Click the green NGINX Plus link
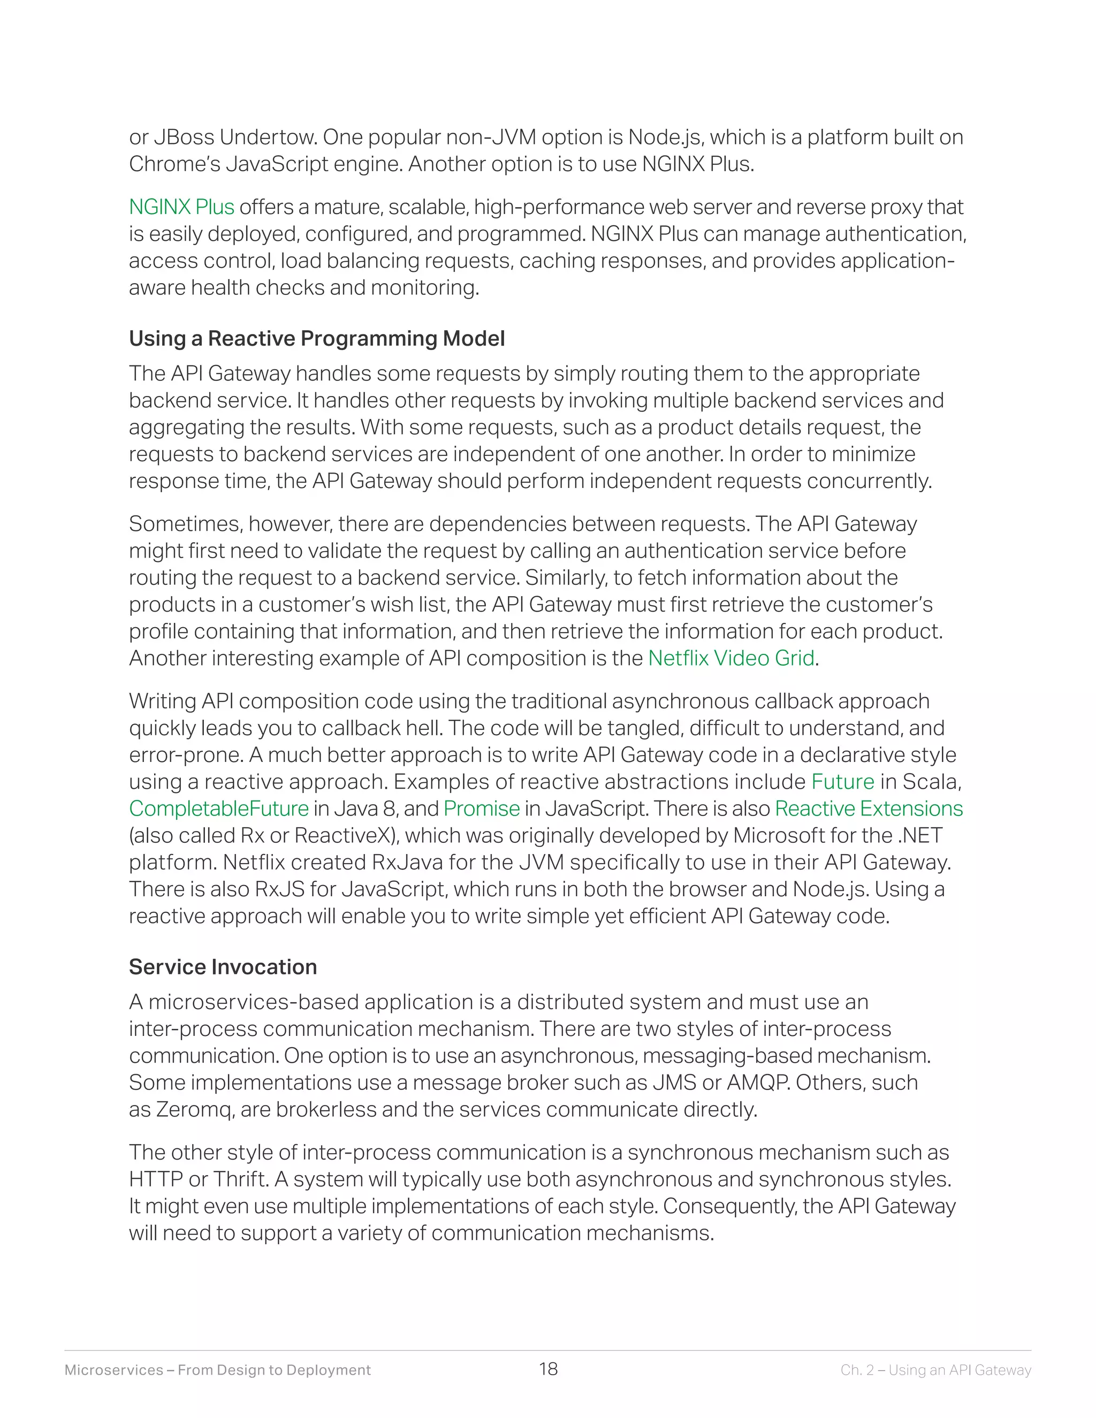(181, 207)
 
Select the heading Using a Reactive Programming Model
(316, 339)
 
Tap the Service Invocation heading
(223, 967)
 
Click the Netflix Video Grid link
(731, 658)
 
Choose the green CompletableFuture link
(219, 809)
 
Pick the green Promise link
(482, 809)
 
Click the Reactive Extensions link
(869, 809)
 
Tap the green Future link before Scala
(843, 782)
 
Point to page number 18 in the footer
(548, 1369)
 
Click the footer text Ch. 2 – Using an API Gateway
(935, 1370)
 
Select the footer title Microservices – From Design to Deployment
(217, 1370)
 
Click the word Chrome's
(174, 164)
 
